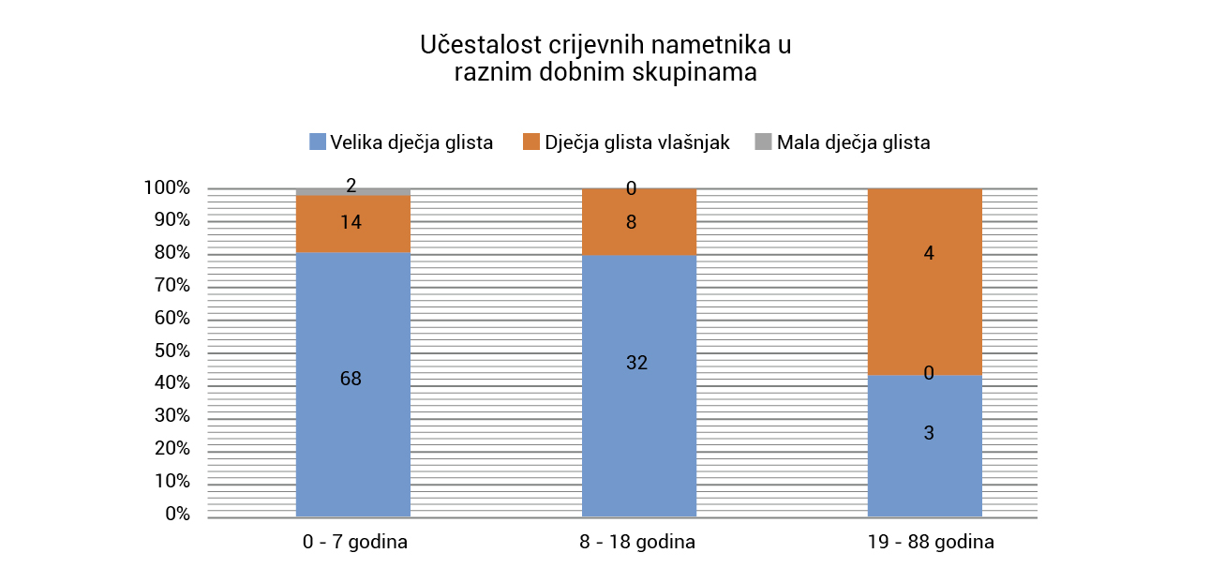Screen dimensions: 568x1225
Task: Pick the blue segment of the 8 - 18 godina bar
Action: click(638, 422)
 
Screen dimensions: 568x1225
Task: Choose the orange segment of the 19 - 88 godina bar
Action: click(924, 300)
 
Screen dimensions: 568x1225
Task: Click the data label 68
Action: click(351, 380)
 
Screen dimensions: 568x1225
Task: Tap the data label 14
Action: click(351, 223)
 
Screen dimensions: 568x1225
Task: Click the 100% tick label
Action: click(167, 188)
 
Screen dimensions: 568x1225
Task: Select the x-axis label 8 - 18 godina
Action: click(638, 543)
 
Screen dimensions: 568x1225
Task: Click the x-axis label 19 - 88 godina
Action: click(924, 543)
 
